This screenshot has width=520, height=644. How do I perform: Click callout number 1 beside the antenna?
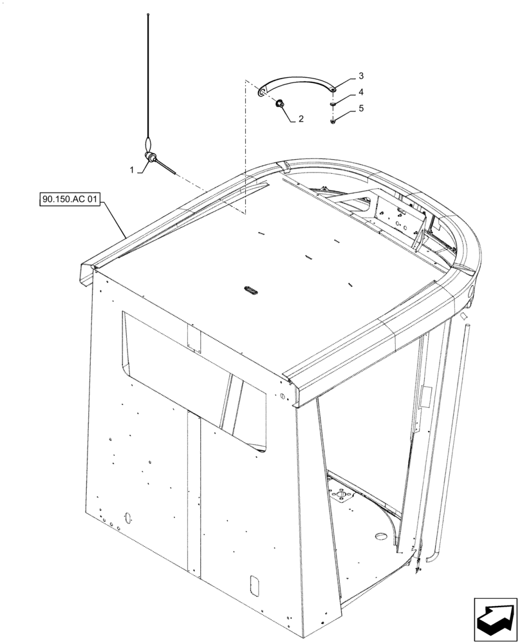[132, 169]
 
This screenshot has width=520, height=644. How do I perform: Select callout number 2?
[300, 118]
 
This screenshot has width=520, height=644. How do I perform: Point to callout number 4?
[361, 92]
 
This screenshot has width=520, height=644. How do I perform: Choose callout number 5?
[361, 108]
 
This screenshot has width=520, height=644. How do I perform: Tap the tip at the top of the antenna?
[149, 14]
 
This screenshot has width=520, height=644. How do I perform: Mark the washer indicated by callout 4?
[332, 104]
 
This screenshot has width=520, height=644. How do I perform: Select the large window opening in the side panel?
[193, 374]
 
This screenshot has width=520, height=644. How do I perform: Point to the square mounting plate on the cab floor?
[344, 498]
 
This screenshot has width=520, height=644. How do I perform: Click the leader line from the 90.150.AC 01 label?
[115, 219]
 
